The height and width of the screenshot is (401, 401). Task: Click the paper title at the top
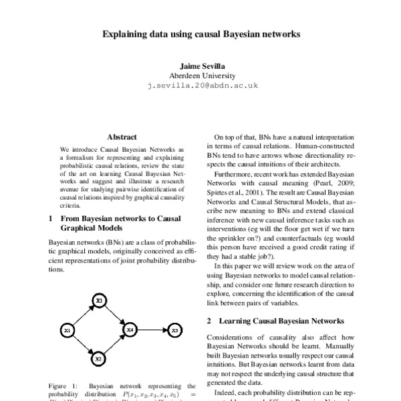pyautogui.click(x=200, y=32)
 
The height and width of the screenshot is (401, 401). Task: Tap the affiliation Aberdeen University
pyautogui.click(x=200, y=76)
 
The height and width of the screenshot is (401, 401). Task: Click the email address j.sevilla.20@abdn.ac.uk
pyautogui.click(x=200, y=86)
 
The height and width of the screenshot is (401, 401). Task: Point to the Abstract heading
pyautogui.click(x=122, y=136)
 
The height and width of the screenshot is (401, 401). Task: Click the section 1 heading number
pyautogui.click(x=52, y=218)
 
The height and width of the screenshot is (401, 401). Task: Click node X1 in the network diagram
pyautogui.click(x=67, y=330)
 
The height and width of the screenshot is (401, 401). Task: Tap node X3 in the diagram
pyautogui.click(x=98, y=301)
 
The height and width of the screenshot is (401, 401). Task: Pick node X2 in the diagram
pyautogui.click(x=98, y=359)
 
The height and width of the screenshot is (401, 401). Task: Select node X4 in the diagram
pyautogui.click(x=131, y=330)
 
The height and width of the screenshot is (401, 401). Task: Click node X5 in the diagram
pyautogui.click(x=174, y=330)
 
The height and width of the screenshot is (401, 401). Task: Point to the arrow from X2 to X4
pyautogui.click(x=114, y=345)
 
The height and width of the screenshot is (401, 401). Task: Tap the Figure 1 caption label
pyautogui.click(x=64, y=386)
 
